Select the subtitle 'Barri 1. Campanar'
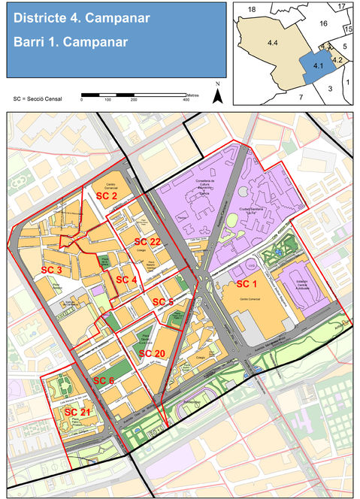point(62,42)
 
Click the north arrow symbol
point(217,94)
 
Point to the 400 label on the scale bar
point(186,100)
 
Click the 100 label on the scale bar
point(107,100)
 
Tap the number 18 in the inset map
point(252,8)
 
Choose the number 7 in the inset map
point(301,97)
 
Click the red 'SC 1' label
point(247,284)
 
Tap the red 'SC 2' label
point(106,195)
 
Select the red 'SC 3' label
point(51,270)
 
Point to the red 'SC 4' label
point(126,280)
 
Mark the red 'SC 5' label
point(163,301)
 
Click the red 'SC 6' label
point(104,381)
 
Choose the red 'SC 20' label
point(151,353)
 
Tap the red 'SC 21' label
point(77,413)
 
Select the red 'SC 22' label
point(147,241)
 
